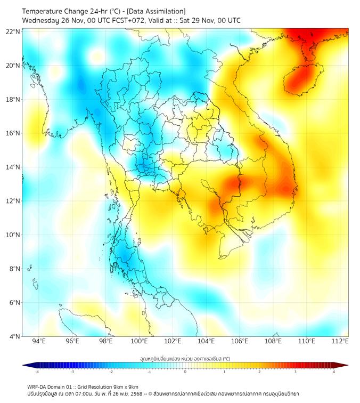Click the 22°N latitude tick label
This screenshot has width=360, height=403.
[13, 31]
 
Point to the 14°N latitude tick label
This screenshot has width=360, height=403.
[13, 167]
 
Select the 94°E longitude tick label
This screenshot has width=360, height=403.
[39, 341]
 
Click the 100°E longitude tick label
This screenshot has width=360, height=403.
[140, 341]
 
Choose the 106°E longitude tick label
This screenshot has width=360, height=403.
[240, 341]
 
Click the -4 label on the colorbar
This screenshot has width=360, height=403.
[37, 372]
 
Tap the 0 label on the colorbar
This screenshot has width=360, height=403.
[185, 372]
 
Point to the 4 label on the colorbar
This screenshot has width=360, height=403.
[334, 372]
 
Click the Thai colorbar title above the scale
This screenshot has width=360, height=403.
[185, 359]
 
